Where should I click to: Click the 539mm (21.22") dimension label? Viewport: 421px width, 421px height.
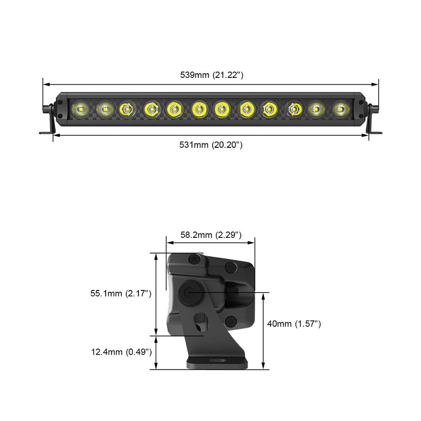pos(211,75)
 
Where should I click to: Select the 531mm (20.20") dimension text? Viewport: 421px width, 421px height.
pos(211,144)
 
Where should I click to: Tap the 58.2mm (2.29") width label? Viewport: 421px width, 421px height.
pos(210,235)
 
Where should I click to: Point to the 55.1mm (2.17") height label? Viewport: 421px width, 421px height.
pos(121,294)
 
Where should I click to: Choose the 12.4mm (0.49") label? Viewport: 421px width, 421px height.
pos(121,352)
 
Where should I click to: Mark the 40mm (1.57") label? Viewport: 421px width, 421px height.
pos(294,324)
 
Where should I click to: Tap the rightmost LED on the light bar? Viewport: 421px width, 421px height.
pos(341,109)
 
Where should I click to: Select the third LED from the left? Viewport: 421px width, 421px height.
pos(126,109)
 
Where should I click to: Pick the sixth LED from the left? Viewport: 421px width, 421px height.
pos(198,109)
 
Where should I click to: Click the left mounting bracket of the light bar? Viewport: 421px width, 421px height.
pos(49,120)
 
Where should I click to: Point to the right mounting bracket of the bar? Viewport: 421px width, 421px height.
pos(373,120)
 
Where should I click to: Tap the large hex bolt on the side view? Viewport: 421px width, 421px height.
pos(188,293)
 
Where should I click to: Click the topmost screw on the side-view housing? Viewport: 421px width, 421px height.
pos(195,258)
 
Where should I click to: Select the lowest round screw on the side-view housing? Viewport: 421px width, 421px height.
pos(230,320)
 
